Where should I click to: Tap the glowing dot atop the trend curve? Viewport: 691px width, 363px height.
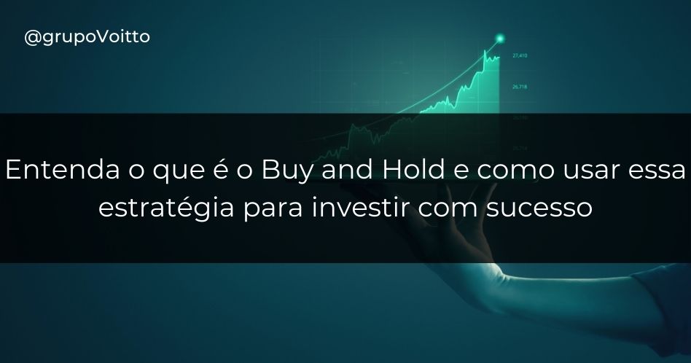coord(500,37)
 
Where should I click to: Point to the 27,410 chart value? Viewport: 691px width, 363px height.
coord(520,55)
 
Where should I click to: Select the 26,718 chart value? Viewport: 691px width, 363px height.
coord(520,87)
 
